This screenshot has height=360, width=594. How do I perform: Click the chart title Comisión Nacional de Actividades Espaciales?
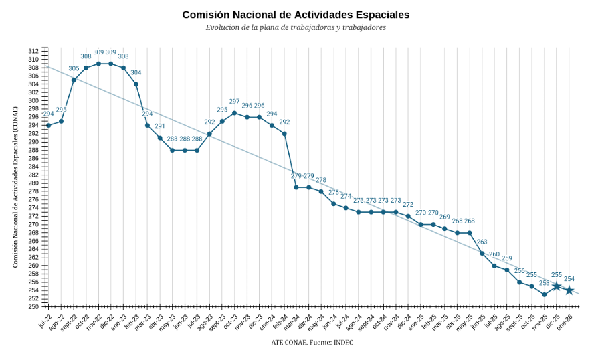click(x=296, y=15)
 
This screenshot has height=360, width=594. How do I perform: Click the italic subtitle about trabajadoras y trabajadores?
click(x=296, y=28)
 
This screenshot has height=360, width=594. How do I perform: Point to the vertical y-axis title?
click(x=15, y=187)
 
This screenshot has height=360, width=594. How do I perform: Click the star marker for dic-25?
click(x=557, y=286)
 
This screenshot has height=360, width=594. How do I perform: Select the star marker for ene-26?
click(x=569, y=290)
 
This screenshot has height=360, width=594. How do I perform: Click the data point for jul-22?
click(x=49, y=125)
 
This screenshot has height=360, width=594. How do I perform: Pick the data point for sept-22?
click(x=74, y=80)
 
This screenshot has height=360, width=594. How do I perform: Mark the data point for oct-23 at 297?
click(x=234, y=113)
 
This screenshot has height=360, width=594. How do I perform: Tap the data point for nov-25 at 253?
click(x=544, y=294)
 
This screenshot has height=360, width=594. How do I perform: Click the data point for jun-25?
click(x=482, y=253)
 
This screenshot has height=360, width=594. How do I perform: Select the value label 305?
click(x=74, y=68)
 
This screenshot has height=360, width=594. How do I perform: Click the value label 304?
click(x=136, y=72)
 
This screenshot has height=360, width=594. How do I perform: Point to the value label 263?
click(x=482, y=242)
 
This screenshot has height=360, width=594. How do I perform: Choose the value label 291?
click(x=160, y=126)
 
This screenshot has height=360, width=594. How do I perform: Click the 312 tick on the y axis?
click(x=33, y=51)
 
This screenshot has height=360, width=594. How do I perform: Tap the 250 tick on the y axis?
click(x=33, y=306)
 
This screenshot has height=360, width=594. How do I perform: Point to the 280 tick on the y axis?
click(x=33, y=183)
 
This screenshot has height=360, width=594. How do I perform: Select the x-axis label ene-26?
click(x=565, y=319)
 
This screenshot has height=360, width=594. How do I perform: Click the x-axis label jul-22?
click(x=44, y=319)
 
